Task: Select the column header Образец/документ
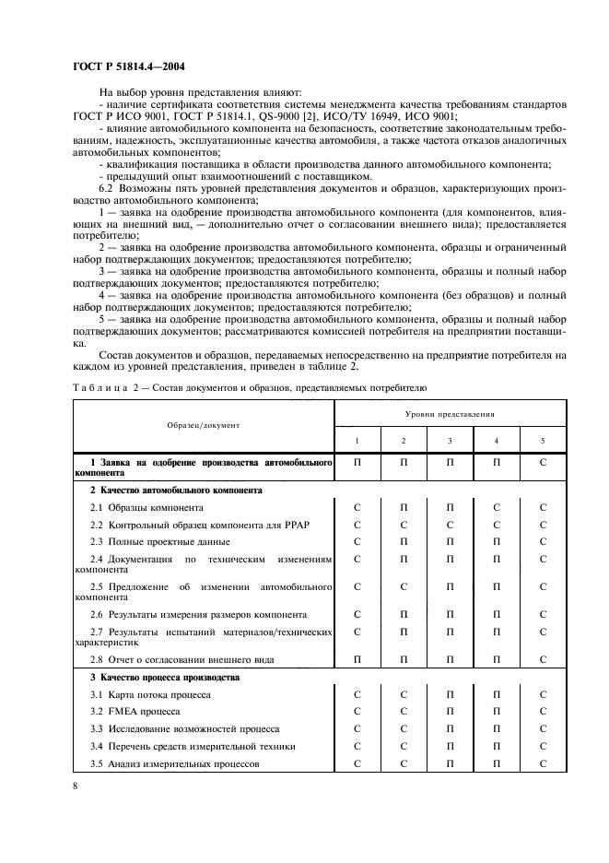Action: (x=204, y=425)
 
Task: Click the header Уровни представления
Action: (x=450, y=415)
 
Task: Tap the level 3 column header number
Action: (x=450, y=441)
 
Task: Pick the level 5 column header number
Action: (x=543, y=441)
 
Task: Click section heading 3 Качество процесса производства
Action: (x=151, y=678)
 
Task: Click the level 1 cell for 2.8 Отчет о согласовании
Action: (x=357, y=660)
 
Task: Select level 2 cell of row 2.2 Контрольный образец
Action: (x=403, y=526)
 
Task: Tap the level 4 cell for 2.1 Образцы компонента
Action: (x=496, y=508)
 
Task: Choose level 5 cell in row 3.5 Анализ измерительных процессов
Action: (x=543, y=764)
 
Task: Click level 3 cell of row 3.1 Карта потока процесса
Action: (x=450, y=694)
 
